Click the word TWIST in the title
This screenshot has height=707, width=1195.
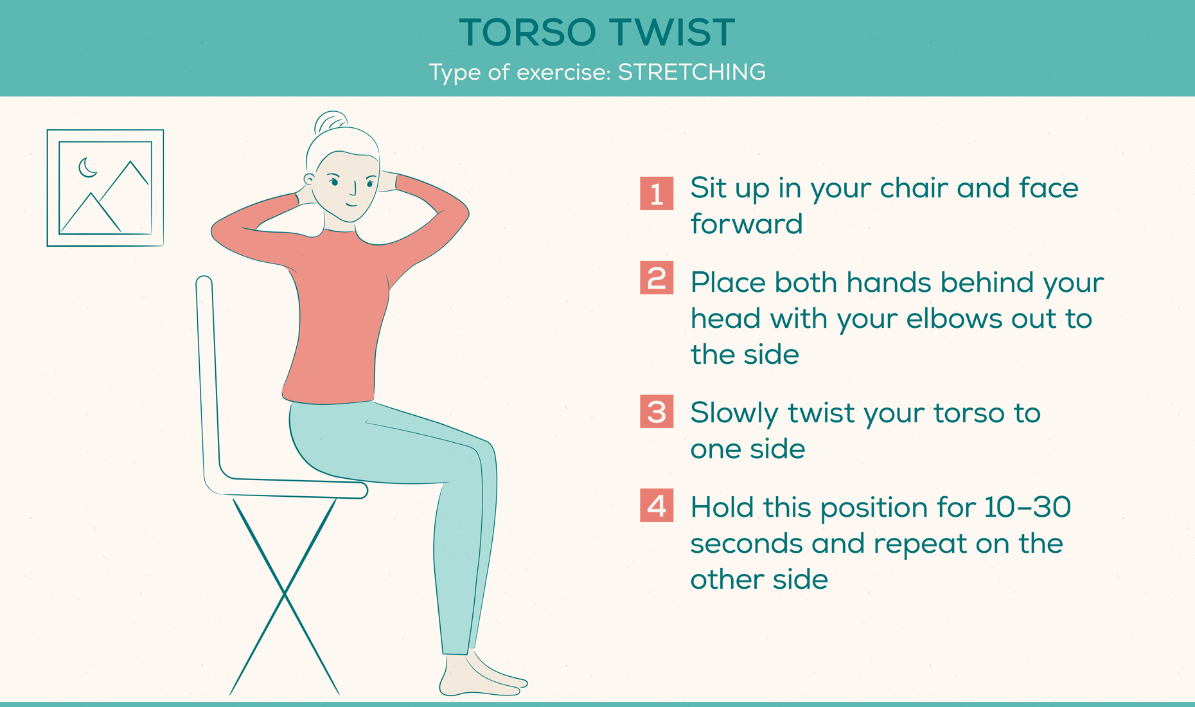[671, 32]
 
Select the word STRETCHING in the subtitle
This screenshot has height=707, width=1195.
[691, 72]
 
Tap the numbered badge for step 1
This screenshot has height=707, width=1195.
[656, 193]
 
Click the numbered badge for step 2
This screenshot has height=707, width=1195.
[656, 278]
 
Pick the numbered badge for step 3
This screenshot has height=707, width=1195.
[656, 411]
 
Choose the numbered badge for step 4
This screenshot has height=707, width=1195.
[656, 505]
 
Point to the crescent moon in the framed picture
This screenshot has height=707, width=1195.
[87, 168]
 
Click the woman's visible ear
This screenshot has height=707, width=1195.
[309, 179]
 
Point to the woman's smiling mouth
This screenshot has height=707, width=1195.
[351, 204]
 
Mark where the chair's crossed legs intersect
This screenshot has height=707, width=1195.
[285, 594]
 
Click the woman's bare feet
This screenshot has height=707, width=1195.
[482, 678]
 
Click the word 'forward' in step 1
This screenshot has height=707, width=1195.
[746, 224]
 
